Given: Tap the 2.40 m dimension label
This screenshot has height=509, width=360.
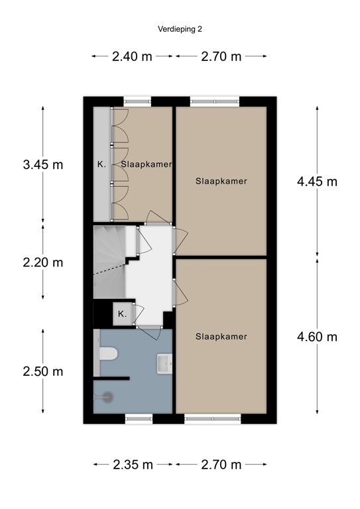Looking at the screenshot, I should [133, 56].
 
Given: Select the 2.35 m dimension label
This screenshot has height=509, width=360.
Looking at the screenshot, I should [133, 464].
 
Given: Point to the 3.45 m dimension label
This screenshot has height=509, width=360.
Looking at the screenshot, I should [42, 164].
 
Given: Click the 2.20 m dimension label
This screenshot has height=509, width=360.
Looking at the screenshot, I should [42, 262].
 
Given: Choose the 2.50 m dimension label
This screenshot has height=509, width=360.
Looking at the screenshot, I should [42, 371].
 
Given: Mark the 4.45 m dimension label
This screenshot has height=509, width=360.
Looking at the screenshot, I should [317, 181].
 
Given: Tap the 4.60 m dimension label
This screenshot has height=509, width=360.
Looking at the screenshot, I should [317, 337].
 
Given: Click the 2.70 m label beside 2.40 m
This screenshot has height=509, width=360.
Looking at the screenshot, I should [221, 56].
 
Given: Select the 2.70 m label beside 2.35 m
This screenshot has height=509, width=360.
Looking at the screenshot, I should [221, 464].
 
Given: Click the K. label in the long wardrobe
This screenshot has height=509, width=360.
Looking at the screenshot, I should [101, 164].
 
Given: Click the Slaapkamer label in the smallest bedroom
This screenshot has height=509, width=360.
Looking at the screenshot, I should [147, 164].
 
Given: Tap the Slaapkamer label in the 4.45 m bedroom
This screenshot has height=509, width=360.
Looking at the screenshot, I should [221, 180].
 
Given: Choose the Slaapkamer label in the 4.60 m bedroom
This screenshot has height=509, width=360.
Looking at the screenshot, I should [221, 337].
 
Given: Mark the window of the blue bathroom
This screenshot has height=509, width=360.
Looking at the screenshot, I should [139, 419].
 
